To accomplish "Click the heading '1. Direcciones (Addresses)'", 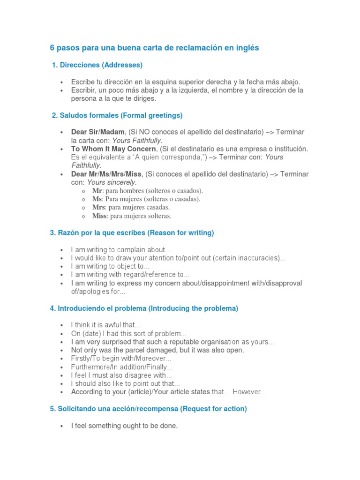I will coord(97,65).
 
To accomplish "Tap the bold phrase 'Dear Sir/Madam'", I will coord(98,132).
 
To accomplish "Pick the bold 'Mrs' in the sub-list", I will coord(98,207).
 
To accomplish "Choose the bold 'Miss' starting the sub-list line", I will coord(99,216).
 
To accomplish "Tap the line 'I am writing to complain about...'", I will coord(121,249).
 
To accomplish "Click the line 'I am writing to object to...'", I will coord(110,266).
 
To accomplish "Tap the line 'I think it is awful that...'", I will coord(105,325).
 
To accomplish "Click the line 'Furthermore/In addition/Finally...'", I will coord(121,367).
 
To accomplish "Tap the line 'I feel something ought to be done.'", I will coord(124,426).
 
